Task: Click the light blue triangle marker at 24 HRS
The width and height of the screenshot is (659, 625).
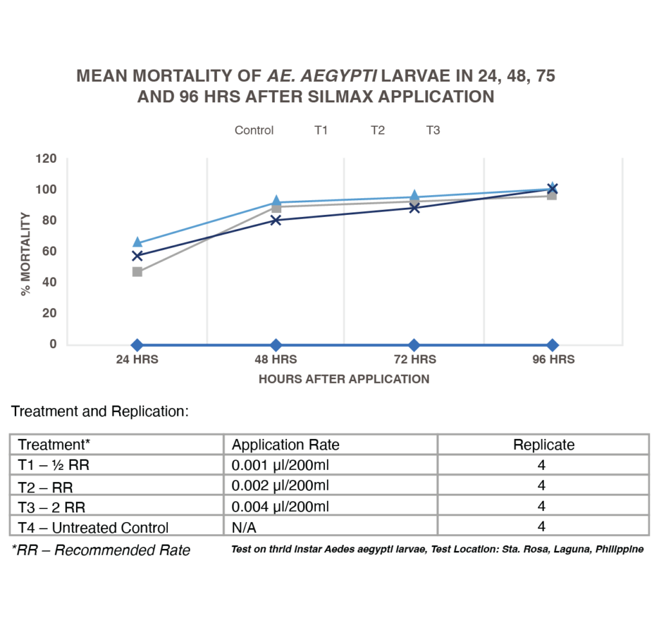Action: (137, 242)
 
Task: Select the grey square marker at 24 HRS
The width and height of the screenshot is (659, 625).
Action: (137, 272)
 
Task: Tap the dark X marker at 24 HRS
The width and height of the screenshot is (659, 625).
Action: (137, 256)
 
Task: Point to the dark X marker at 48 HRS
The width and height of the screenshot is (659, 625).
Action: (276, 220)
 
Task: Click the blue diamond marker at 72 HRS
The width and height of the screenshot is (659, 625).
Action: (414, 345)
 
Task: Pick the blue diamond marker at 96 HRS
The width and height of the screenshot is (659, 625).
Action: (552, 345)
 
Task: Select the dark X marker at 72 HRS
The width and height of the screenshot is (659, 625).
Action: (414, 207)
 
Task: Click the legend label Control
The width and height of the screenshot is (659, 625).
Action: (254, 131)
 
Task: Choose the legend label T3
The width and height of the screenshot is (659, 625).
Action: (433, 131)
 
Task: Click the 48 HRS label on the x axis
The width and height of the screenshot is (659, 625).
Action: (276, 360)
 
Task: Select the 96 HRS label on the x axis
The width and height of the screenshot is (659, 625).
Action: (552, 360)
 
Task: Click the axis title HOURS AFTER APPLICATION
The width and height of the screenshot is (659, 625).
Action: (344, 379)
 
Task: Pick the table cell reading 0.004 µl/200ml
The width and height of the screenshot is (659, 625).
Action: (281, 506)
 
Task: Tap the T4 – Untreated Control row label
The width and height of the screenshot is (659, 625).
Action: (93, 527)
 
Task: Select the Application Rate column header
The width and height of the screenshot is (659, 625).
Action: (286, 445)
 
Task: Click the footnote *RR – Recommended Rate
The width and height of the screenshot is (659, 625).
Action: (101, 550)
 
